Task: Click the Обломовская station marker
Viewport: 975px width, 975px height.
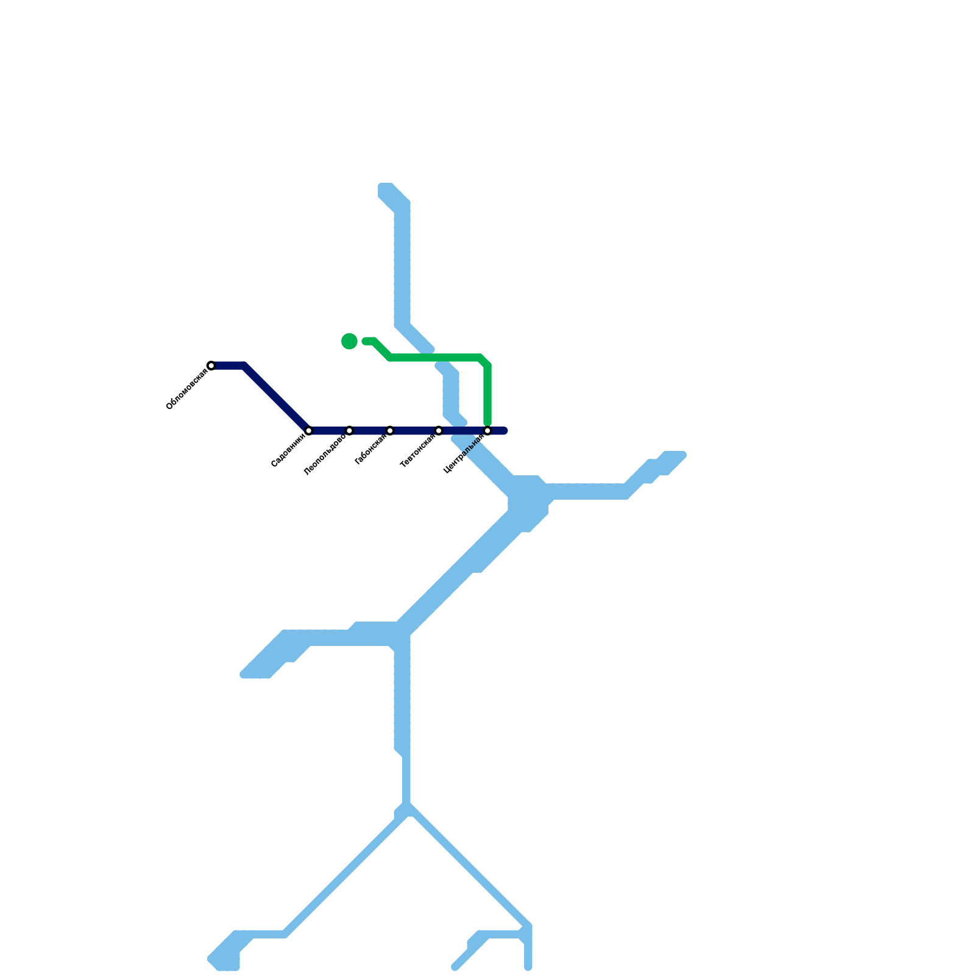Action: click(211, 366)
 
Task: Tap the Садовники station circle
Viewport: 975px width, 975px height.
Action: click(309, 431)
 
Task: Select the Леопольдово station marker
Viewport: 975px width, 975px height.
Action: click(349, 431)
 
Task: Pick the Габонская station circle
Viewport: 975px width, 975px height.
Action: click(390, 431)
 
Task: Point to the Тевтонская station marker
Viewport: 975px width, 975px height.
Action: click(439, 431)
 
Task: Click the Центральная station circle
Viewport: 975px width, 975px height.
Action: click(487, 431)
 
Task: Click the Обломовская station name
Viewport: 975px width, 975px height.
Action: click(186, 389)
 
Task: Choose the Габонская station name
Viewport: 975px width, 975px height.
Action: click(370, 449)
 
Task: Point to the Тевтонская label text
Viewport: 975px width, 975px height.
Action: click(417, 452)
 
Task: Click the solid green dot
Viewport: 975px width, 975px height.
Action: click(349, 341)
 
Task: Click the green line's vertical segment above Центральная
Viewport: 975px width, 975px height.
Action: click(487, 393)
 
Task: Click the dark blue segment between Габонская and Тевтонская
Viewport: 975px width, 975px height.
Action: click(414, 431)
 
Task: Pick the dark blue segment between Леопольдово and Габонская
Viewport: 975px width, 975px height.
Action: click(369, 431)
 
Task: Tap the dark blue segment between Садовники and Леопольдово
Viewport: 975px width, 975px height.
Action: click(329, 431)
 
